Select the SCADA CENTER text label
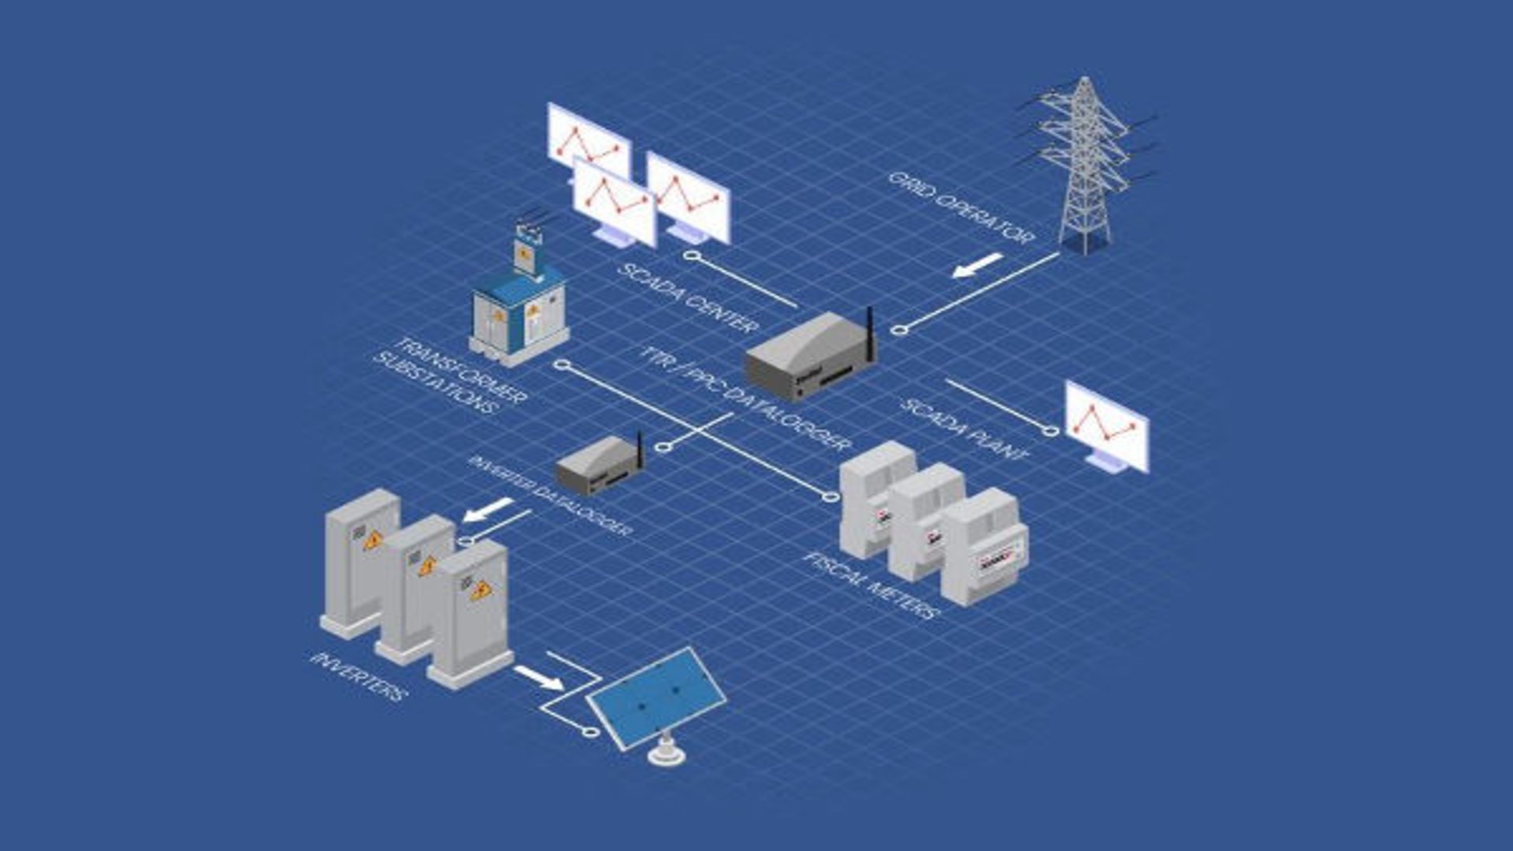coord(688,298)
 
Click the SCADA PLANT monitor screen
coord(1106,425)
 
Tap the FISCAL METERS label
coord(872,585)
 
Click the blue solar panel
coord(656,697)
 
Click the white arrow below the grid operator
coord(977,266)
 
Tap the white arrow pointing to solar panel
coord(539,678)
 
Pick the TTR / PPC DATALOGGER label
coord(745,398)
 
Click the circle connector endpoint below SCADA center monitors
coord(691,256)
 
